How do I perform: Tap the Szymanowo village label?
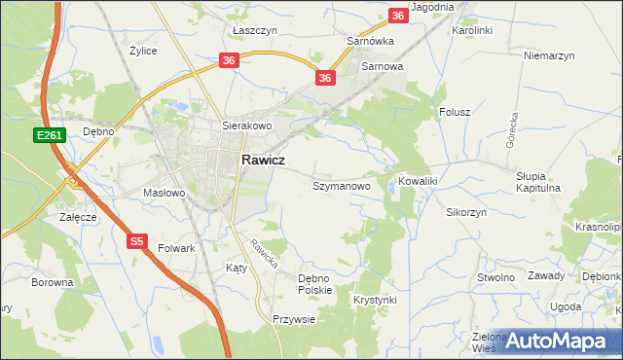[x=341, y=185]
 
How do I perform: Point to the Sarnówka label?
[x=370, y=42]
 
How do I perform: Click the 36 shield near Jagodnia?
[x=397, y=16]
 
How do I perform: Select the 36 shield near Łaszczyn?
[x=228, y=60]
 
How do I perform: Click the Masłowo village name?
[x=164, y=193]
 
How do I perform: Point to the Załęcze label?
[x=78, y=217]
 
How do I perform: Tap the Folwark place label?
[x=177, y=248]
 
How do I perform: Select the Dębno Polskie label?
[x=315, y=283]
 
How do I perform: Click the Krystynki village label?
[x=376, y=300]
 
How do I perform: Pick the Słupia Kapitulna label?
[x=538, y=182]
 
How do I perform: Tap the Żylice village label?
[x=143, y=50]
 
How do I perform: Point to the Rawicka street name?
[x=263, y=254]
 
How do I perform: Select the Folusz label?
[x=455, y=112]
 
